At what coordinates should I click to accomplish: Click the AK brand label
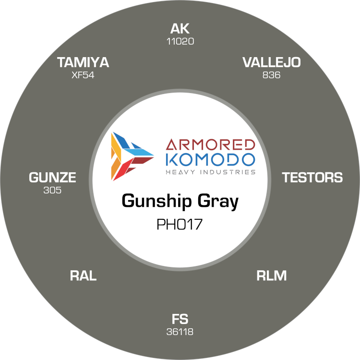180,29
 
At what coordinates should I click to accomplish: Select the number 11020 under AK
180,42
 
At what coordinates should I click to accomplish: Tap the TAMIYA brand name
83,62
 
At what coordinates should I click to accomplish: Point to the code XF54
83,75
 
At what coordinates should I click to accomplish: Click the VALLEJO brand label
271,62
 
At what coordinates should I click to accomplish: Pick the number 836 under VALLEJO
271,75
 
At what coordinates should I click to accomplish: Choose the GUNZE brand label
52,178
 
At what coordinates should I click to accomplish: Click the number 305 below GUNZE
52,190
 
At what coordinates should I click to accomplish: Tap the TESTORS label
312,178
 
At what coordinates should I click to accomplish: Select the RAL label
83,276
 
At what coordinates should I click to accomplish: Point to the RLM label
271,276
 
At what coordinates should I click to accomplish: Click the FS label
180,319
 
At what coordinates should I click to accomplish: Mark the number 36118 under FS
180,332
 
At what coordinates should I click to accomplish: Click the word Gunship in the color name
156,201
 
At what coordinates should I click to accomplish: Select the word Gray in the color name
218,201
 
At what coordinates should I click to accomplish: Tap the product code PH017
180,224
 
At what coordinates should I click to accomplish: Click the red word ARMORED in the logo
210,144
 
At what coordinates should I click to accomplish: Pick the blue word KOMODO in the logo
210,159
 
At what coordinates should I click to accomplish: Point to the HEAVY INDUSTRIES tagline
211,172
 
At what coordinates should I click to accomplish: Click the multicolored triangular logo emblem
132,156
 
